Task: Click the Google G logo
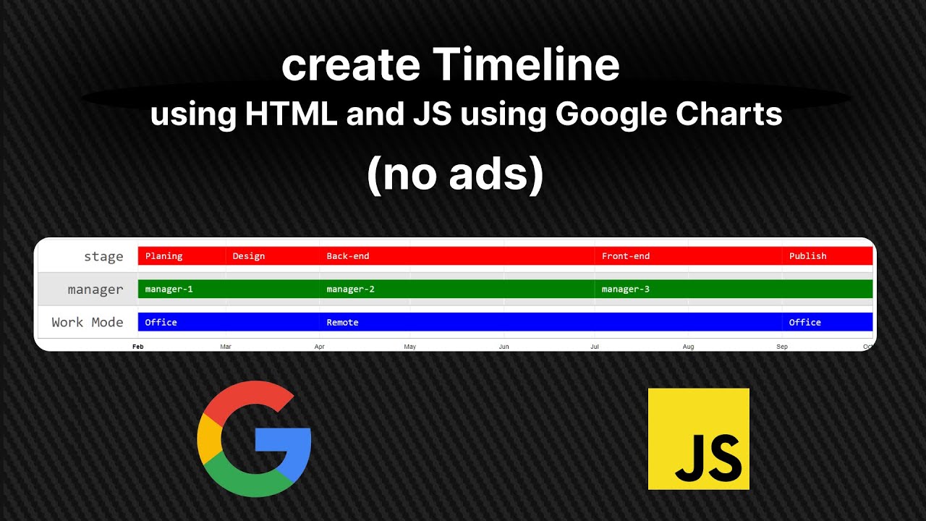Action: [x=253, y=439]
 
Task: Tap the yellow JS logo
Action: [x=698, y=439]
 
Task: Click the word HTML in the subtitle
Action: [x=292, y=114]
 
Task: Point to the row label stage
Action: [x=103, y=256]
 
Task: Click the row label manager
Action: [x=95, y=289]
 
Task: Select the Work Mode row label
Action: [x=88, y=322]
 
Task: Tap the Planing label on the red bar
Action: [x=163, y=256]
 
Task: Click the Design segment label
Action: [x=249, y=256]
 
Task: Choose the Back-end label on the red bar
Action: [x=348, y=256]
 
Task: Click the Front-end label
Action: [x=626, y=256]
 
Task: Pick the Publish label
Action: [x=807, y=256]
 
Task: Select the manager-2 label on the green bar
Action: [x=350, y=289]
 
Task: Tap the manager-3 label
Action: [x=626, y=289]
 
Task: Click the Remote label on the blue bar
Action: [x=342, y=323]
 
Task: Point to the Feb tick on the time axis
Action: [x=138, y=347]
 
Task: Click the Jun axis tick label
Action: [x=504, y=347]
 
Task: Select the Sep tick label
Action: [x=782, y=347]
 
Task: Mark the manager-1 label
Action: [x=169, y=289]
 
